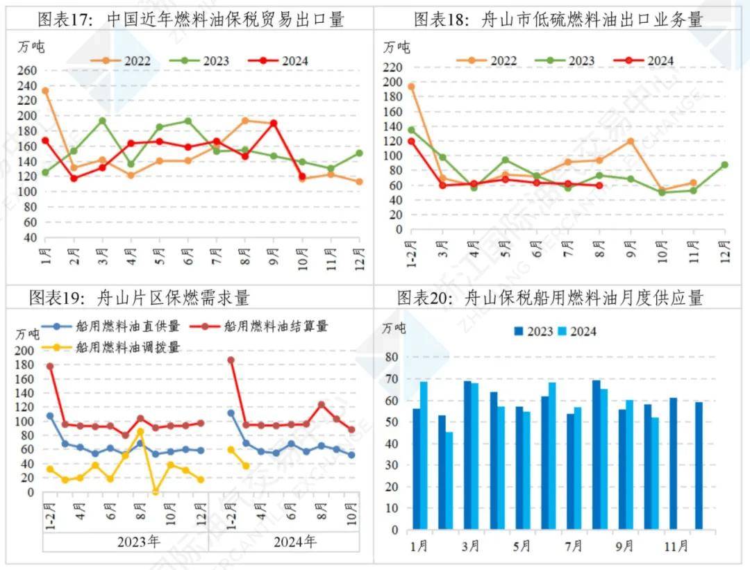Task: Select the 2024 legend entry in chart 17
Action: [x=281, y=61]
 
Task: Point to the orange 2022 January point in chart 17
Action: [x=45, y=91]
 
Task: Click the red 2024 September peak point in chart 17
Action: [x=274, y=124]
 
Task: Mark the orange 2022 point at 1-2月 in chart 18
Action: [x=411, y=87]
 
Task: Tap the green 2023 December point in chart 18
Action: [x=724, y=165]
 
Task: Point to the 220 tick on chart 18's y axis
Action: [x=392, y=67]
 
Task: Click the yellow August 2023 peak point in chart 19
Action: [x=140, y=432]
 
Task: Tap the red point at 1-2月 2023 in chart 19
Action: [x=50, y=366]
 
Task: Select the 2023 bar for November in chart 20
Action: [x=674, y=464]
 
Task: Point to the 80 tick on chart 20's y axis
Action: [x=392, y=357]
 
